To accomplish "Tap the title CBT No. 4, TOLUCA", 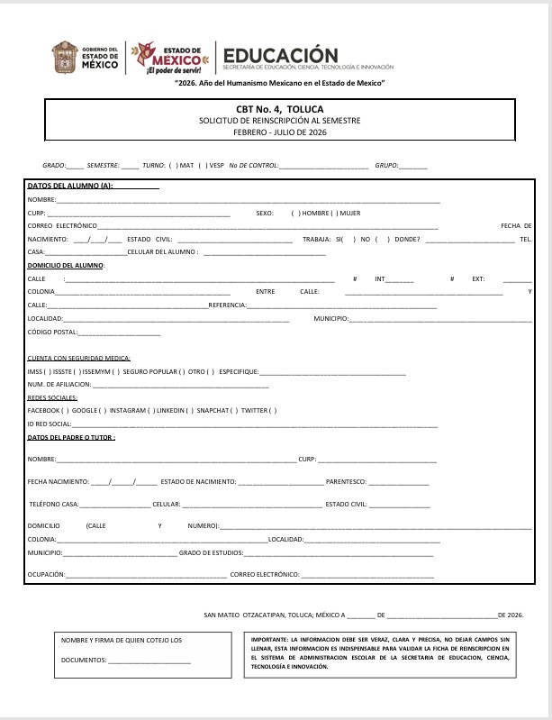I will [x=276, y=108].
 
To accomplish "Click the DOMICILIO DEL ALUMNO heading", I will [x=66, y=266].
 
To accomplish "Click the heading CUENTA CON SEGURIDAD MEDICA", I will [x=79, y=359].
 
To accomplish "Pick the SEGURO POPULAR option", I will [x=149, y=371].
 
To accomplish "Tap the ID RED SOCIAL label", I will [x=49, y=424].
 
